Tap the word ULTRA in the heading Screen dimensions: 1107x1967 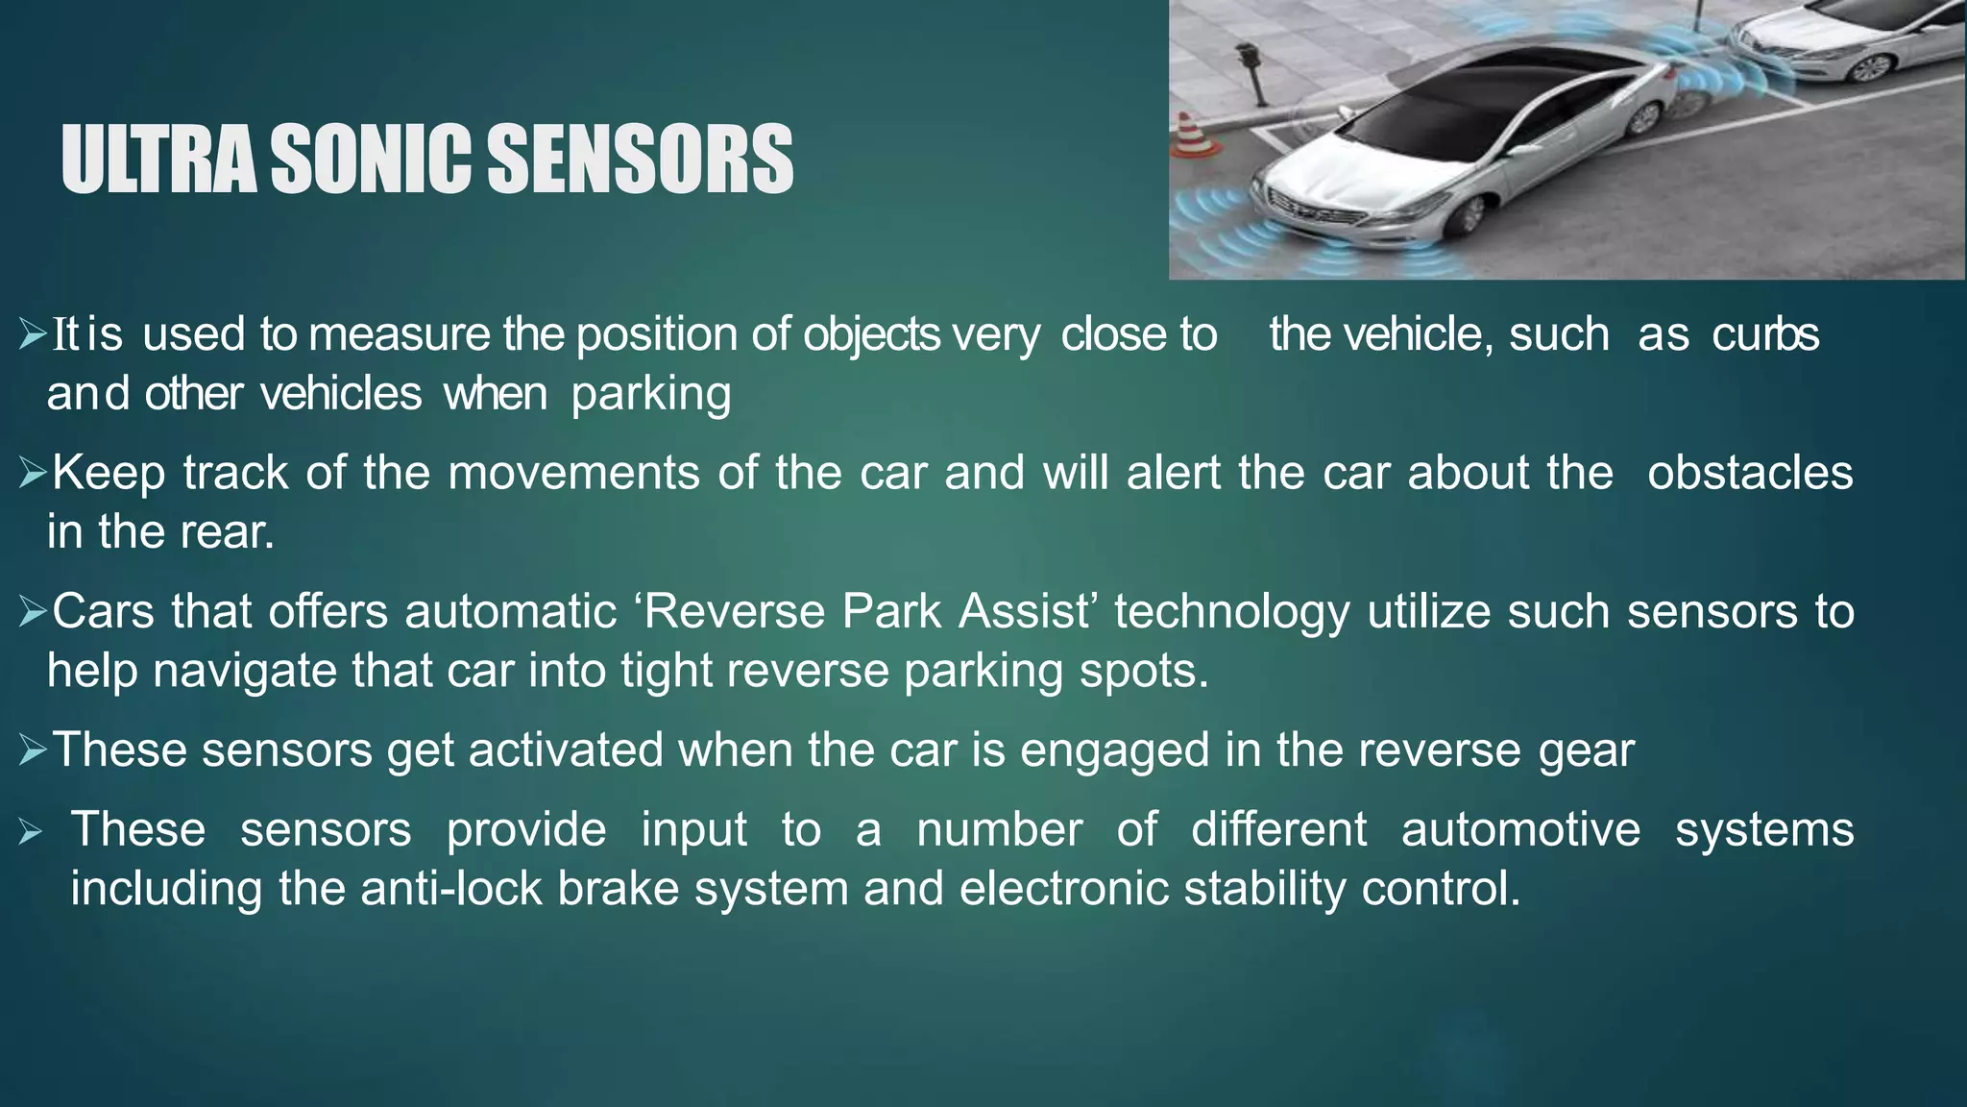(158, 160)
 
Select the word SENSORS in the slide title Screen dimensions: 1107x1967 (640, 160)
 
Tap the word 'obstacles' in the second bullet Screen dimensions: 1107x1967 (1750, 474)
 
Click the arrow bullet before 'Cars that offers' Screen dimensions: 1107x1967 (32, 612)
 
